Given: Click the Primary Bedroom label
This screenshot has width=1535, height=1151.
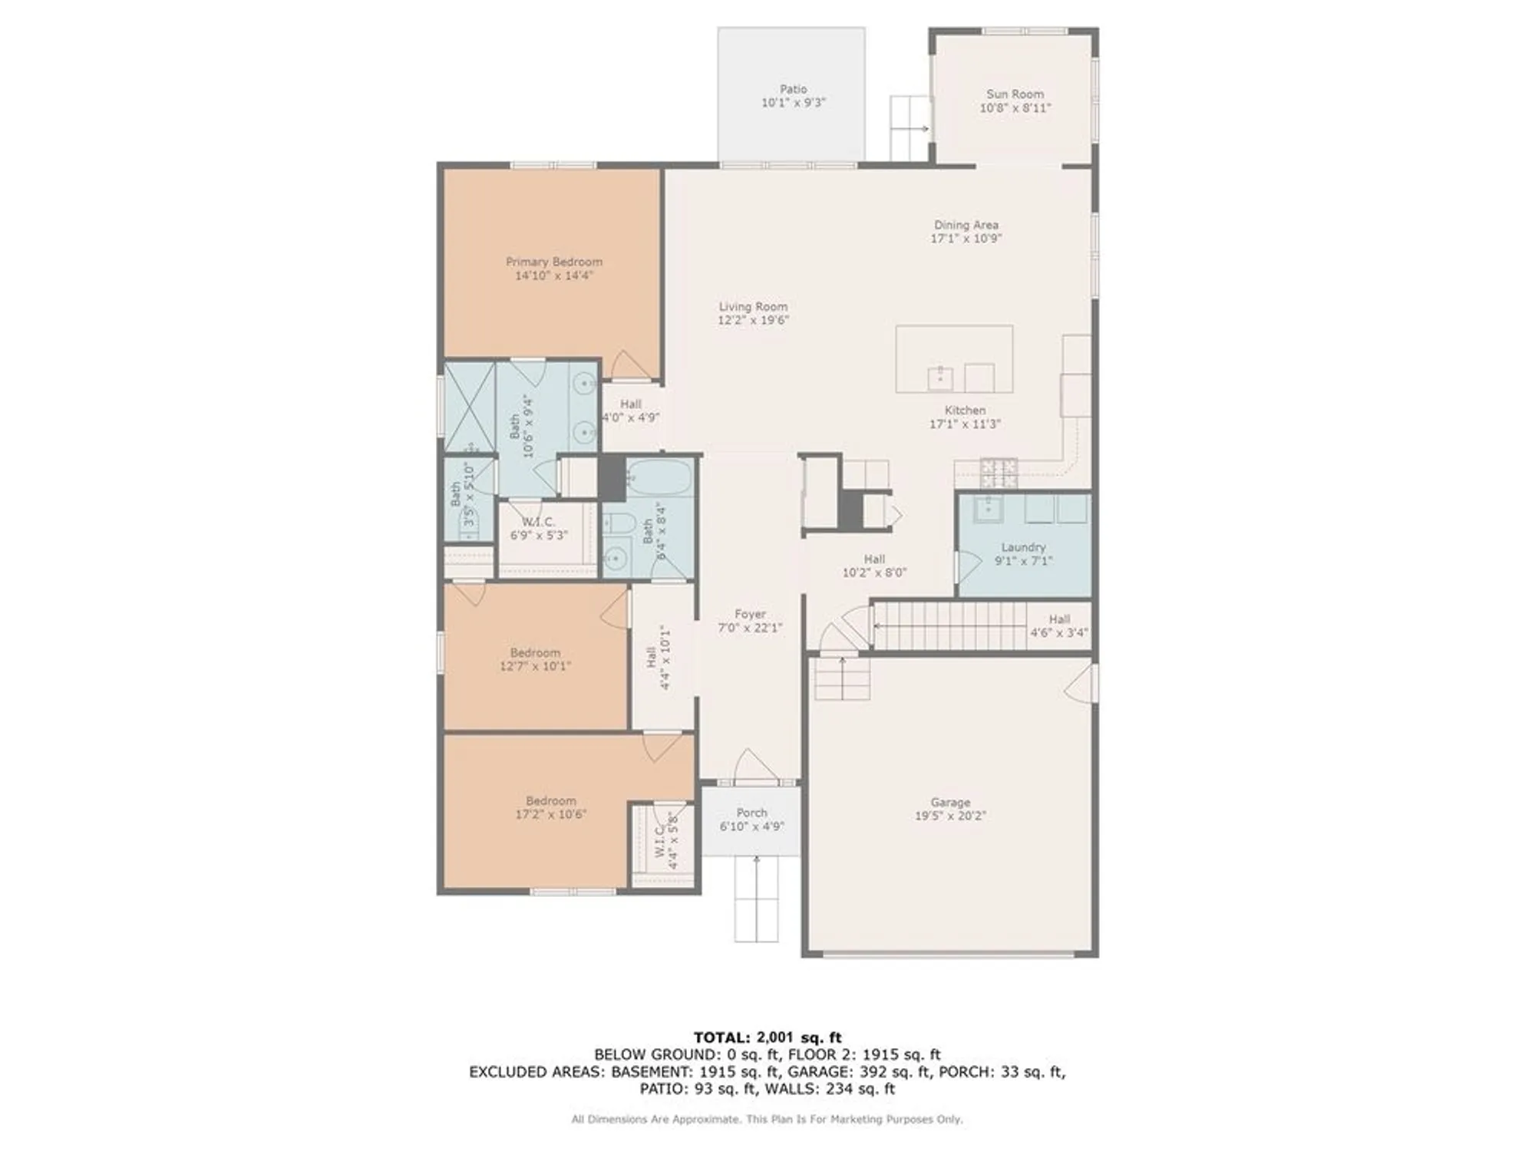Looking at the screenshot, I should coord(553,262).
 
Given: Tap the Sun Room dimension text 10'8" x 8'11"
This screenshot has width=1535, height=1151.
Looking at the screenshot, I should coord(1015,108).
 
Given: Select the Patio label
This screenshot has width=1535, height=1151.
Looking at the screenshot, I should coord(793,90).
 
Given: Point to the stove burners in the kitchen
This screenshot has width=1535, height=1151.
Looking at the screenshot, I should coord(999,473).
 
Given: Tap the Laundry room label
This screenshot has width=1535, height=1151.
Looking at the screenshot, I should coord(1023,547).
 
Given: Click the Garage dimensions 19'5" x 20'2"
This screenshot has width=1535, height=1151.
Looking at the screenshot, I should coord(950,816).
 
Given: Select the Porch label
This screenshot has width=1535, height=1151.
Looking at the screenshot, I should coord(751,813).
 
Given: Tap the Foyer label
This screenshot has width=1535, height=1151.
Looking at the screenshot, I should coord(750,614).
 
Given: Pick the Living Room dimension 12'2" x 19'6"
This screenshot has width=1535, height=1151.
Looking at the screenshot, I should coord(753,320).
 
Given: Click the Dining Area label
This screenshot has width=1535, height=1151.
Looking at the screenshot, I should coord(966,225).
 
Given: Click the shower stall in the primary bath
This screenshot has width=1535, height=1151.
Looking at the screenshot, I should coord(470,407).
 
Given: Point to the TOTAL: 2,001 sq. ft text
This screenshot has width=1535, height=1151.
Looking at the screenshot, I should coord(767,1037).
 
